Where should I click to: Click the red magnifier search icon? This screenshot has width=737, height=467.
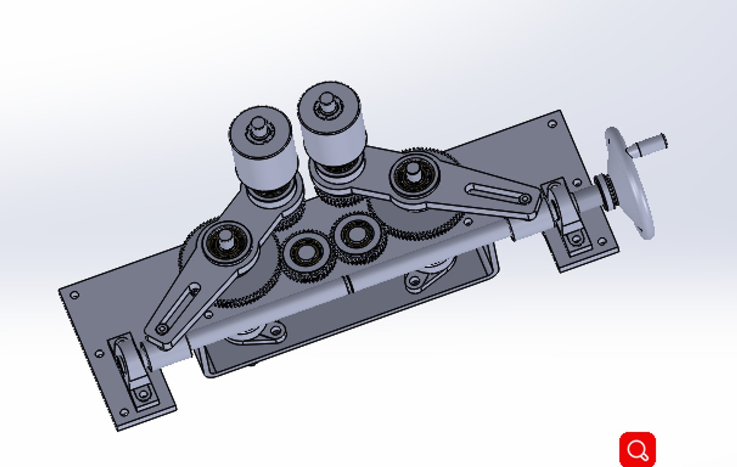pos(637,450)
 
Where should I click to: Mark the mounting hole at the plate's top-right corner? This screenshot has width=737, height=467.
pos(551,124)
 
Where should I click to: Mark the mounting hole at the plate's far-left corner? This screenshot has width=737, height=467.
pos(74,295)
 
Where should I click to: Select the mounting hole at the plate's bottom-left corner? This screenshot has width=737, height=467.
pos(124,412)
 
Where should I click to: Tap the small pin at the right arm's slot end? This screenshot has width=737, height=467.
pos(525,199)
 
